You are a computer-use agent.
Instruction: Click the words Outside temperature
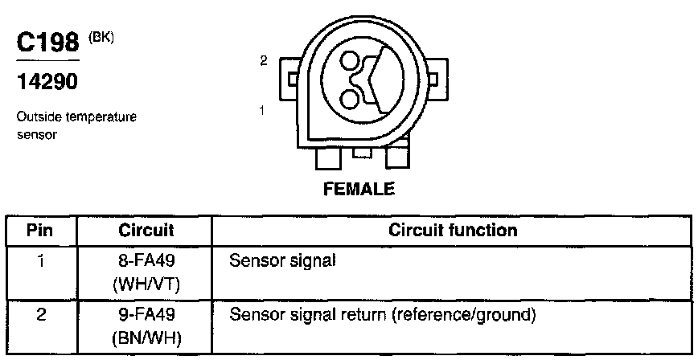[x=76, y=117]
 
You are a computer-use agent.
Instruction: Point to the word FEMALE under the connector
[x=359, y=190]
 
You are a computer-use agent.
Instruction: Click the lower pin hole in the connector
[x=350, y=98]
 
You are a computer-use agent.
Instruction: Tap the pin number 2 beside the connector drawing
[x=263, y=60]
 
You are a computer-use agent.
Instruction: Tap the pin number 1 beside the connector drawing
[x=263, y=110]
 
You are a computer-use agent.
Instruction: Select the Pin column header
[x=40, y=231]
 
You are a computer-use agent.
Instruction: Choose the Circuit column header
[x=146, y=231]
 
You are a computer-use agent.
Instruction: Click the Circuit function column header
[x=453, y=231]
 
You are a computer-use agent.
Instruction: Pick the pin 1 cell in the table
[x=40, y=260]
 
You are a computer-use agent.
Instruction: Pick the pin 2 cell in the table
[x=40, y=313]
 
